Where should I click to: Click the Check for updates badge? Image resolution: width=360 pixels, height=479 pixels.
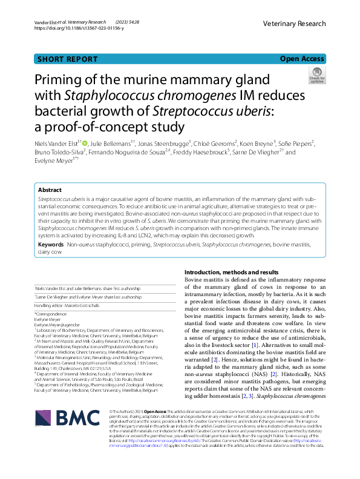317,76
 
